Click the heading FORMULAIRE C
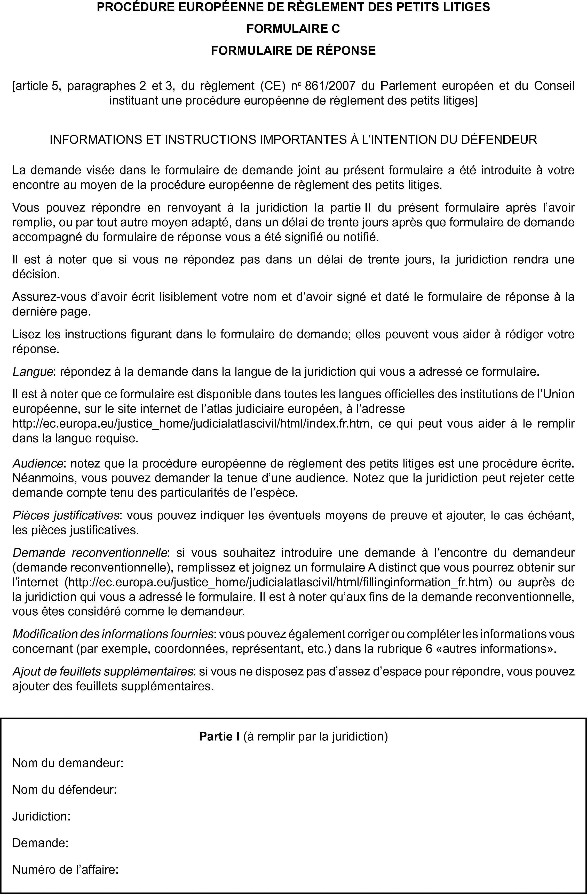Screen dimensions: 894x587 point(293,29)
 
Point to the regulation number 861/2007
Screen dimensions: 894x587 point(330,86)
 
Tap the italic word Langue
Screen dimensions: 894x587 point(32,372)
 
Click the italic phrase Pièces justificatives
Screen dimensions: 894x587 point(66,515)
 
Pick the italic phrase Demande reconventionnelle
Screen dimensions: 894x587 point(90,553)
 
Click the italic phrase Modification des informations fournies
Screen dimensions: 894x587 point(113,634)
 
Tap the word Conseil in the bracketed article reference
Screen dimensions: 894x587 point(554,86)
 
